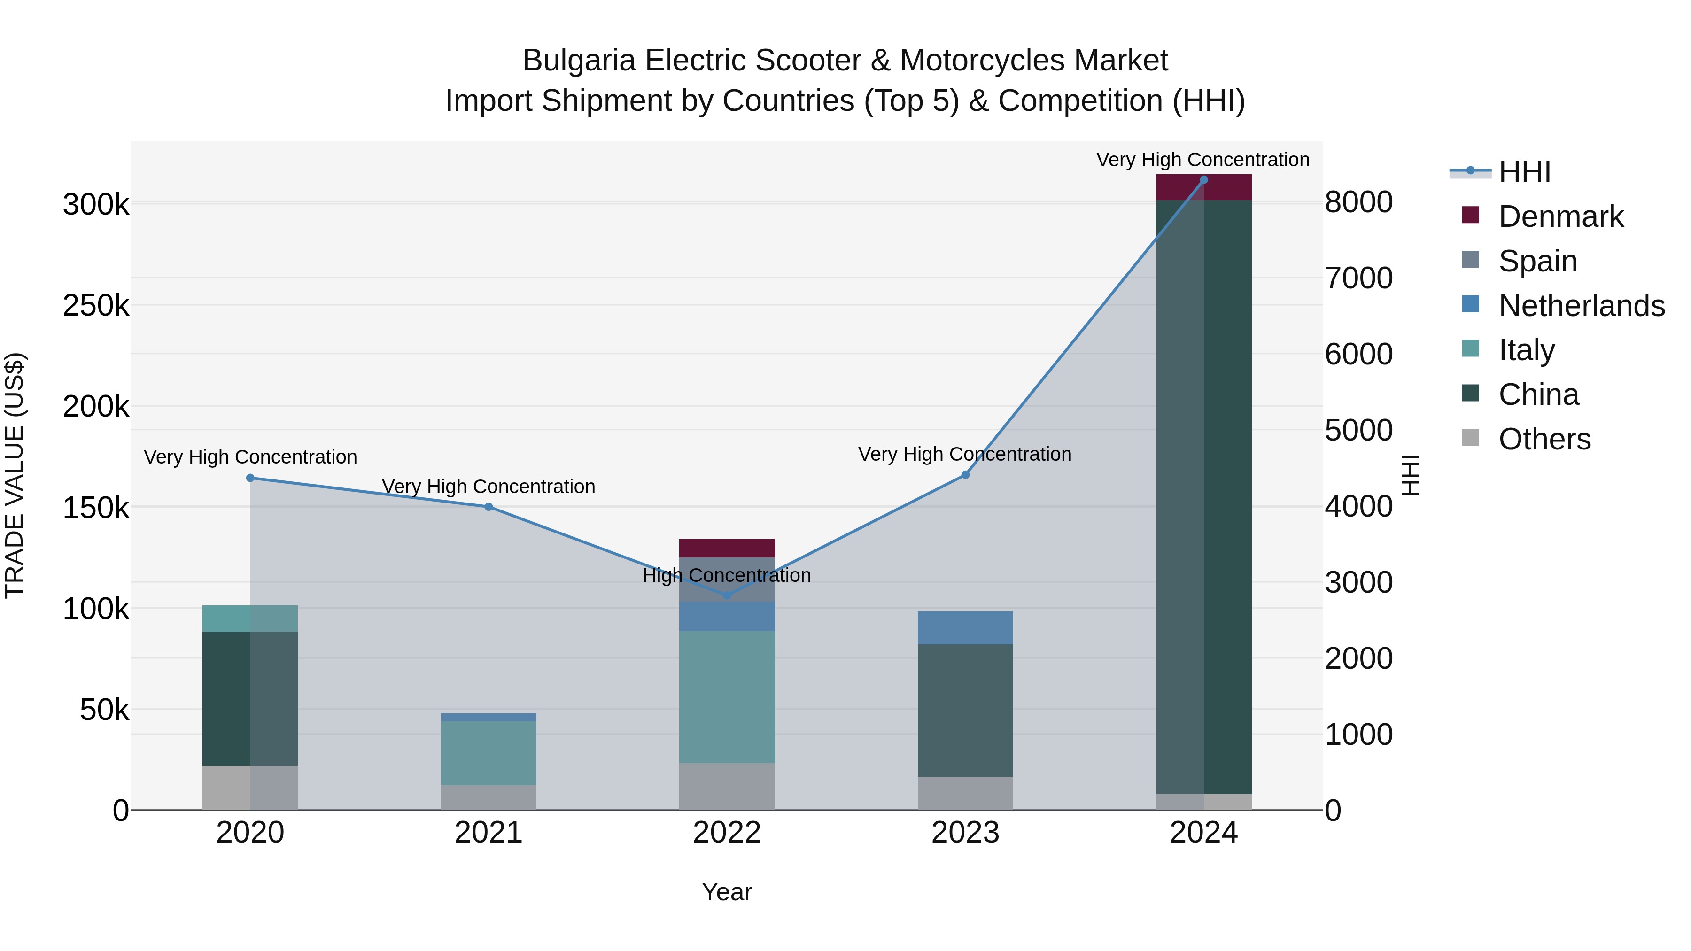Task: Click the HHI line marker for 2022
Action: (727, 595)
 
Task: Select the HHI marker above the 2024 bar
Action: (1203, 180)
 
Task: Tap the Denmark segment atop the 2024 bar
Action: (1203, 188)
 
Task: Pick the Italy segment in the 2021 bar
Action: (489, 753)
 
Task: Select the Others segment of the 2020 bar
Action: (249, 788)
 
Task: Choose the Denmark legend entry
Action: (1560, 216)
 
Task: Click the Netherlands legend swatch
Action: (1470, 304)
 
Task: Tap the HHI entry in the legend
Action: (1524, 172)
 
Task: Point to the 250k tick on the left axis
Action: (96, 306)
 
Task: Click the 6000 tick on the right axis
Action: (1358, 355)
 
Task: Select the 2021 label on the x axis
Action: (489, 833)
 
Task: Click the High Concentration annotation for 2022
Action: (727, 576)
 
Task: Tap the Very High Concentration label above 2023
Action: (964, 454)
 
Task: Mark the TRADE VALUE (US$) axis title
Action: (15, 475)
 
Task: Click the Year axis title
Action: (727, 892)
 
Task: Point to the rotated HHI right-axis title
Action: (1410, 475)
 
